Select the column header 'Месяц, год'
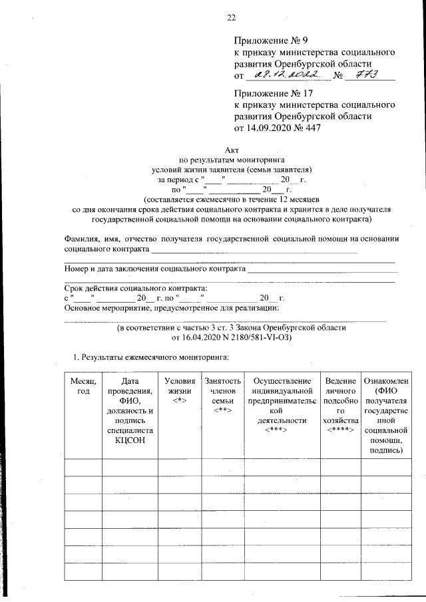(x=83, y=386)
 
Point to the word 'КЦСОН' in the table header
(x=129, y=440)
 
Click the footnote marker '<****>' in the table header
(x=339, y=430)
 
